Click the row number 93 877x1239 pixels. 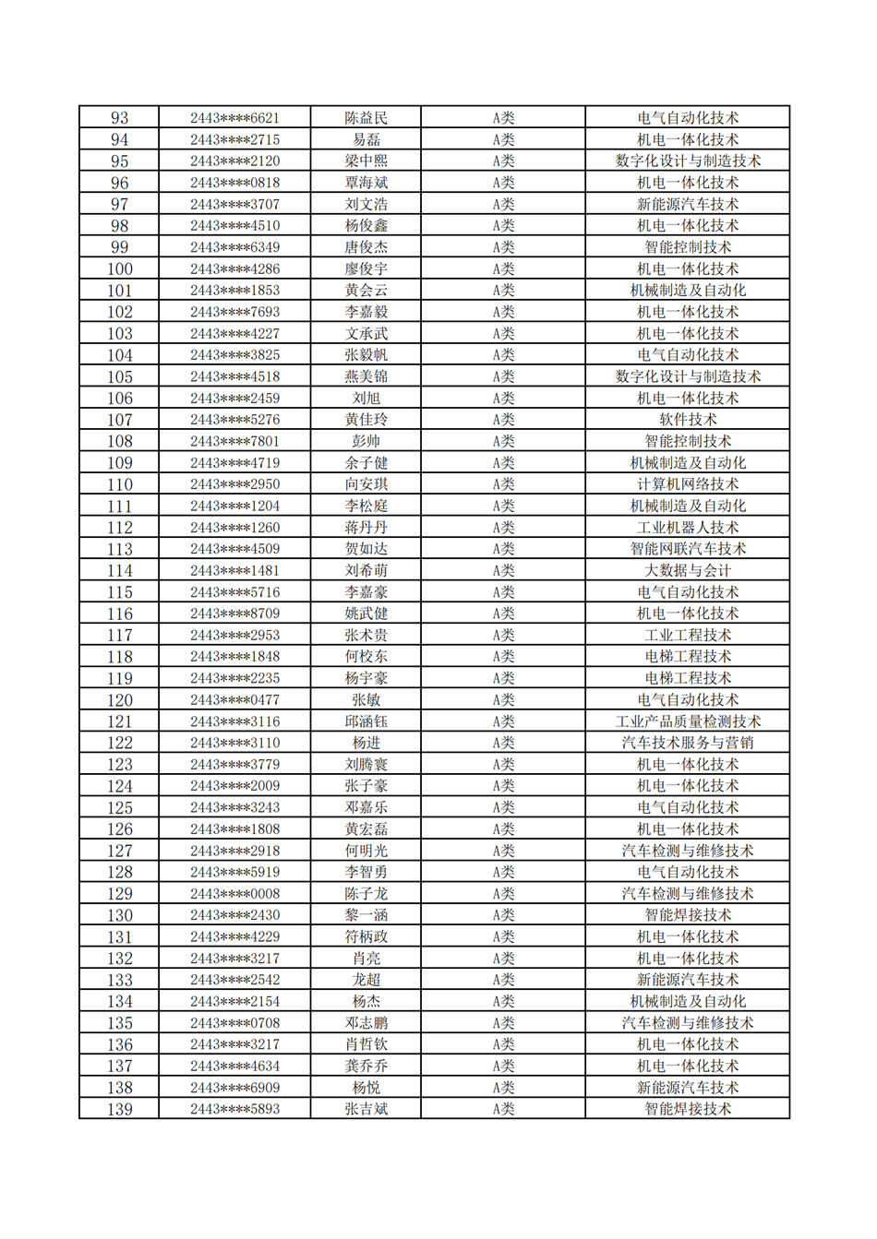click(119, 118)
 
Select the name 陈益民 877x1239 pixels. click(366, 118)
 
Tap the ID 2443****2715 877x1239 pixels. click(234, 139)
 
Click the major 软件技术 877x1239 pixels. click(688, 420)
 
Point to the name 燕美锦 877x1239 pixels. click(366, 376)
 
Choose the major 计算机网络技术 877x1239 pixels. click(688, 484)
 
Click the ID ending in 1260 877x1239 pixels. click(234, 528)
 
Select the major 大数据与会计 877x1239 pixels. click(688, 571)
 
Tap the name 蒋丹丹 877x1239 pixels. click(366, 528)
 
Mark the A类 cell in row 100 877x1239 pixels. click(503, 269)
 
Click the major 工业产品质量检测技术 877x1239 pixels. click(688, 721)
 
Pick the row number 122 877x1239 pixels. click(119, 743)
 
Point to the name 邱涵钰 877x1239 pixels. click(366, 721)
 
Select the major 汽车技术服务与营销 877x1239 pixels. click(688, 743)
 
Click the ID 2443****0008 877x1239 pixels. click(234, 894)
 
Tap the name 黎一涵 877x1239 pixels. click(366, 915)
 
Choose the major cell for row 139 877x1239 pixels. click(688, 1109)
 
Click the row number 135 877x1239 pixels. click(119, 1023)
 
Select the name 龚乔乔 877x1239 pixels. click(366, 1066)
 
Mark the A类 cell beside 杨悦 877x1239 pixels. click(503, 1088)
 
